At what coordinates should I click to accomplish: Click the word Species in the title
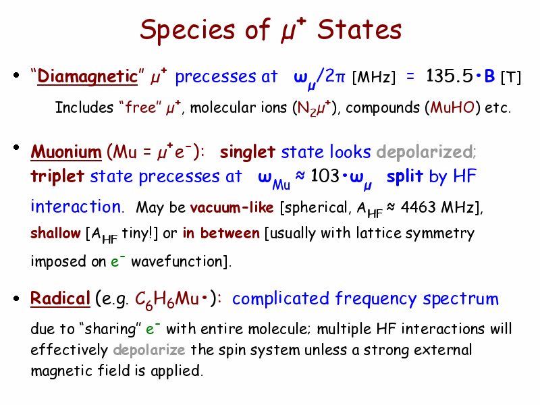(188, 30)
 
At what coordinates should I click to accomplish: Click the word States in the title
(359, 30)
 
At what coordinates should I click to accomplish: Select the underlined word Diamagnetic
(88, 76)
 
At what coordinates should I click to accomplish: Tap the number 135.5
(450, 76)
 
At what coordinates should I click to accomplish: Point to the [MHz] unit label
(374, 77)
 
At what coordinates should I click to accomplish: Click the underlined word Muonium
(66, 152)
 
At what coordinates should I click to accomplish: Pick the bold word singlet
(247, 152)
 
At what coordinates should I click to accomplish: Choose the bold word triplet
(57, 176)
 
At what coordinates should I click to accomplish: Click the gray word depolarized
(425, 151)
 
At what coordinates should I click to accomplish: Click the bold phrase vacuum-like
(232, 207)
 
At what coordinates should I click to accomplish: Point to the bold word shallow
(55, 233)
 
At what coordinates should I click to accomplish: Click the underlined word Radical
(60, 298)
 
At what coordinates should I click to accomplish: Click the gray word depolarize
(149, 350)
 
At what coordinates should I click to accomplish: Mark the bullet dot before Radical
(16, 298)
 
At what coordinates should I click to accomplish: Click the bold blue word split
(404, 176)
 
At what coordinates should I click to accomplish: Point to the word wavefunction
(177, 261)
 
